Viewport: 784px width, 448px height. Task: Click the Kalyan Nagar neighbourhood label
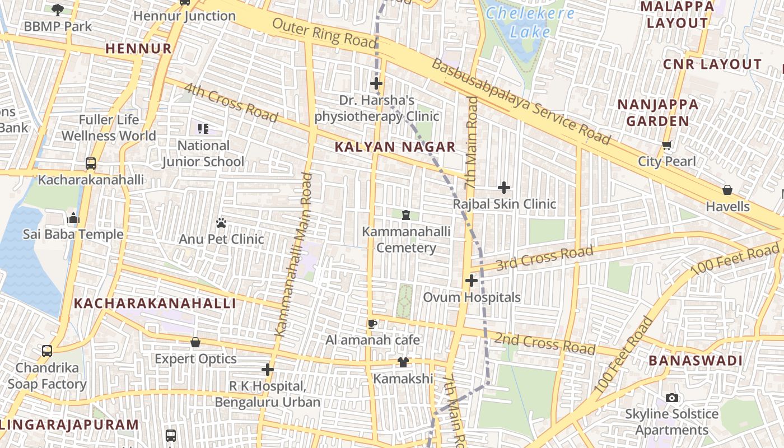[x=395, y=147]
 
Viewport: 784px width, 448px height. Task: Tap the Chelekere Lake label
[x=530, y=22]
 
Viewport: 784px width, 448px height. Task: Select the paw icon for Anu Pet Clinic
[x=221, y=223]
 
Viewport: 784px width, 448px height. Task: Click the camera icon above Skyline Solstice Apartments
[x=672, y=398]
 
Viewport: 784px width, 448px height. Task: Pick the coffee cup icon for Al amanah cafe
[x=372, y=324]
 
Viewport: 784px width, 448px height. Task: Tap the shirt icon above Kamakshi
[x=403, y=362]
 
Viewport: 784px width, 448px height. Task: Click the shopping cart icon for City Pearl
[x=667, y=146]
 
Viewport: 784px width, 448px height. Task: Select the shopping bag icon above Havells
[x=727, y=190]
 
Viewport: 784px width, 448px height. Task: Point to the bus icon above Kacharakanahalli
[x=91, y=164]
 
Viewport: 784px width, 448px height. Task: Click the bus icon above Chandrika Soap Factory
[x=47, y=351]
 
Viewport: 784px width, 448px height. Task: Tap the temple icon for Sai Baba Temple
[x=73, y=218]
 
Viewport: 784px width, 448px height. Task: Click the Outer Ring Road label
[x=324, y=32]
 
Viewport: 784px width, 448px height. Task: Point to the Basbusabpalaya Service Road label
[x=520, y=101]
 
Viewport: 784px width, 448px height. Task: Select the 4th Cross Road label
[x=231, y=102]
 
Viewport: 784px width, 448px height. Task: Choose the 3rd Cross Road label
[x=544, y=256]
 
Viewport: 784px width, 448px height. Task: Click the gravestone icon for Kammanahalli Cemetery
[x=406, y=215]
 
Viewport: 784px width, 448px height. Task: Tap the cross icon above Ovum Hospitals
[x=472, y=280]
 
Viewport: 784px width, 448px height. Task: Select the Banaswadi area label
[x=696, y=361]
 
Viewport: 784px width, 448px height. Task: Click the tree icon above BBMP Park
[x=58, y=10]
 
